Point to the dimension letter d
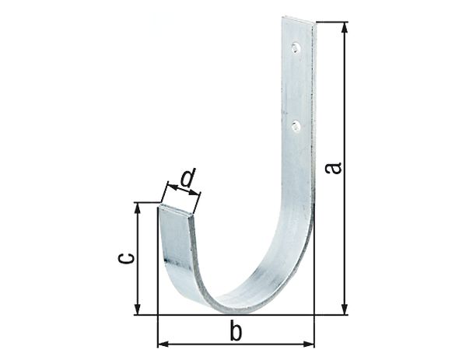187,180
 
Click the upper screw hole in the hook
296,48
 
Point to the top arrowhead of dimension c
138,208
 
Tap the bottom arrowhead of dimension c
138,310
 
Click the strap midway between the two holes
296,86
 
